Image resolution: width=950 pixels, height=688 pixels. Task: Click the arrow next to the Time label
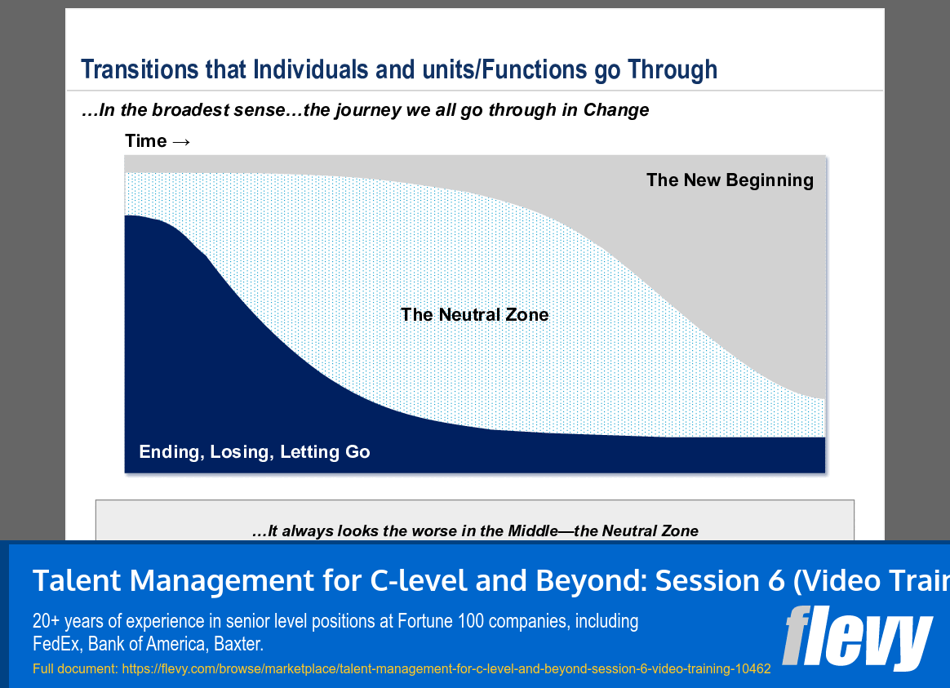pos(181,141)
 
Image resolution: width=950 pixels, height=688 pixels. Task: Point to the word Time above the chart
pos(145,141)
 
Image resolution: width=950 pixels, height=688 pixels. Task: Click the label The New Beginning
pos(730,180)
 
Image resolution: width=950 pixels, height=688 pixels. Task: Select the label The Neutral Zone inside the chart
pos(474,315)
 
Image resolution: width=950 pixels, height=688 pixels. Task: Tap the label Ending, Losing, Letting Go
pos(255,452)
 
